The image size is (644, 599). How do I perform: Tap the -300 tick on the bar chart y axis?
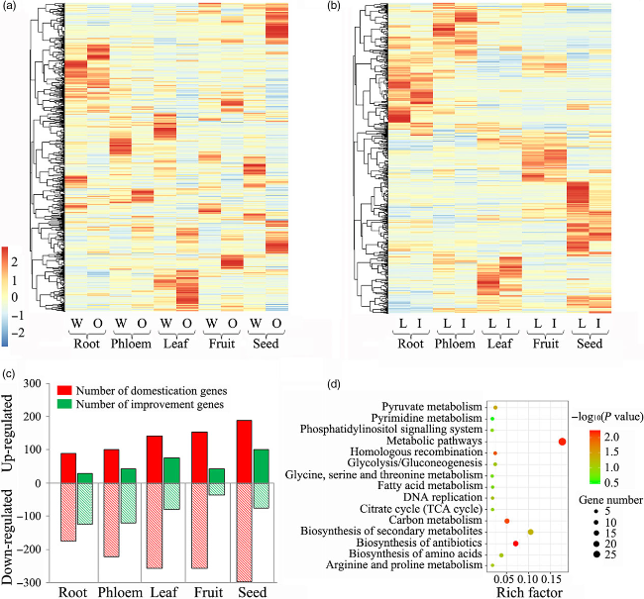(37, 583)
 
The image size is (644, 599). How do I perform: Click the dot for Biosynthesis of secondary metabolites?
(531, 532)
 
